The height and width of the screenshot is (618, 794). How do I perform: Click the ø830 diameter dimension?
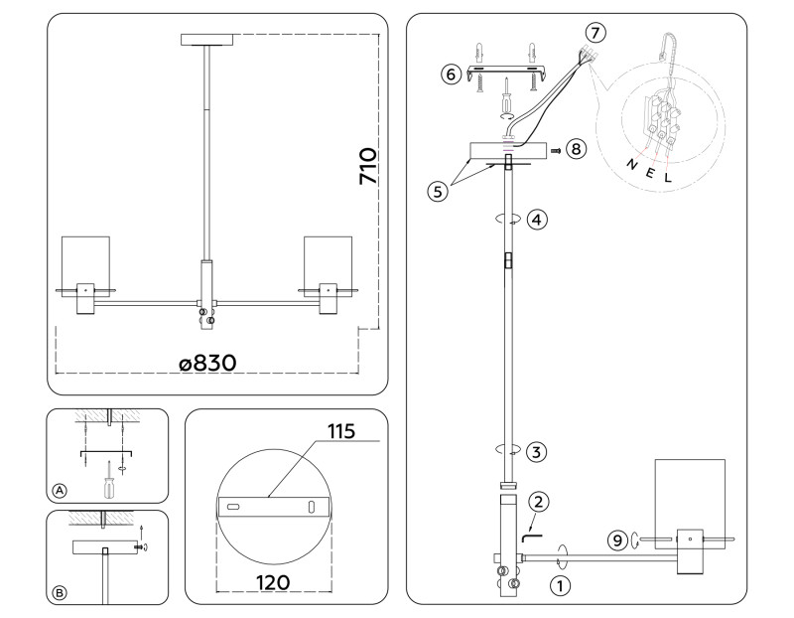coord(207,364)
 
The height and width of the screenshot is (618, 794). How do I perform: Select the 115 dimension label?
coord(340,432)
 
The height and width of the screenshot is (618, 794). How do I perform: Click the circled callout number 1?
coord(560,585)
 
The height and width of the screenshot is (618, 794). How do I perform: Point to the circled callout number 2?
coord(537,501)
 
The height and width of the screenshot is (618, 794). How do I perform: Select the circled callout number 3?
coord(535,452)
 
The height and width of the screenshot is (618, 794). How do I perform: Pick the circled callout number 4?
coord(535,218)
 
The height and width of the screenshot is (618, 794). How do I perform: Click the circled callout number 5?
coord(436,190)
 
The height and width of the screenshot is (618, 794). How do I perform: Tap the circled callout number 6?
coord(451,75)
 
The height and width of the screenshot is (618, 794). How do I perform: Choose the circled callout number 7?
coord(594,31)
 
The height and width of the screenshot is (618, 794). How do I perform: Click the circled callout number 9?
coord(616,541)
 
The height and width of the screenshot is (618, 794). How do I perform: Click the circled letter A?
coord(61,491)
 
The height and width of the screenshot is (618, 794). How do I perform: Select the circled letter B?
coord(61,594)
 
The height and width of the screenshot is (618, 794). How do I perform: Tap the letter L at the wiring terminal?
coord(668,179)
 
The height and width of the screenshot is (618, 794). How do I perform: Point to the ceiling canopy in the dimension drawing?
coord(206,40)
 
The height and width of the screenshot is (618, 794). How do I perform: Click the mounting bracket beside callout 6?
coord(509,75)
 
